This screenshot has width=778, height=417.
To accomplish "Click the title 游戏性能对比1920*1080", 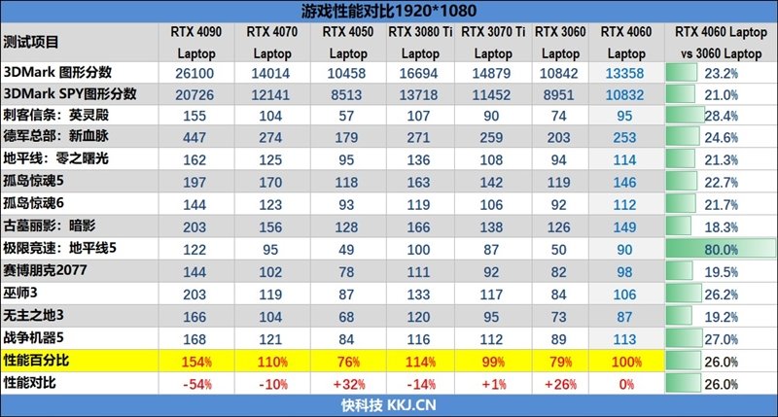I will pos(390,11).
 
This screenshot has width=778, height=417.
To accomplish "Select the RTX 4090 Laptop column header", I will pos(196,42).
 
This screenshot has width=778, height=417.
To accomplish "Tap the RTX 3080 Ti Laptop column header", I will pos(420,42).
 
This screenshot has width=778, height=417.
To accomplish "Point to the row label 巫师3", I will pos(21,294).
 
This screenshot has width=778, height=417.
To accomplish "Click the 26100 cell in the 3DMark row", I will pos(196,73).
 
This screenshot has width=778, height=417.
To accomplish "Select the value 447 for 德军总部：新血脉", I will pos(196,137).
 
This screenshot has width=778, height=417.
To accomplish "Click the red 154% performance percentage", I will pos(196,361).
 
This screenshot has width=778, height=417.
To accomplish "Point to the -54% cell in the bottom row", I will pos(196,383).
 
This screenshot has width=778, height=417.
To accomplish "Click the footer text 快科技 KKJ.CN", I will pos(388,405).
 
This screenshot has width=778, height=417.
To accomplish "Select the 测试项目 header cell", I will pos(31,42).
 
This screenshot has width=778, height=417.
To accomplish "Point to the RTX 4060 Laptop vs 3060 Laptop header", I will pos(719,42).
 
